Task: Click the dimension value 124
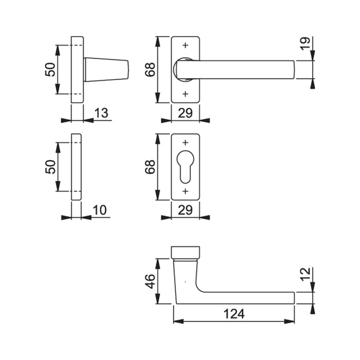pos(234,314)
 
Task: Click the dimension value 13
pos(101,113)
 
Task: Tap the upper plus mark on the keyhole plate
pos(185,142)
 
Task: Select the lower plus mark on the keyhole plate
pos(185,191)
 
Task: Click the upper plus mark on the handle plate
pos(185,46)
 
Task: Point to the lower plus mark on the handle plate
pos(185,94)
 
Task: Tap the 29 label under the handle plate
pos(185,113)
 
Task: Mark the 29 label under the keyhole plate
pos(185,210)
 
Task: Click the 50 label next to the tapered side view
pos(50,70)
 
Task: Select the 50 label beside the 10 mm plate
pos(50,167)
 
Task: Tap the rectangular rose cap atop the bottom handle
pos(185,253)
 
